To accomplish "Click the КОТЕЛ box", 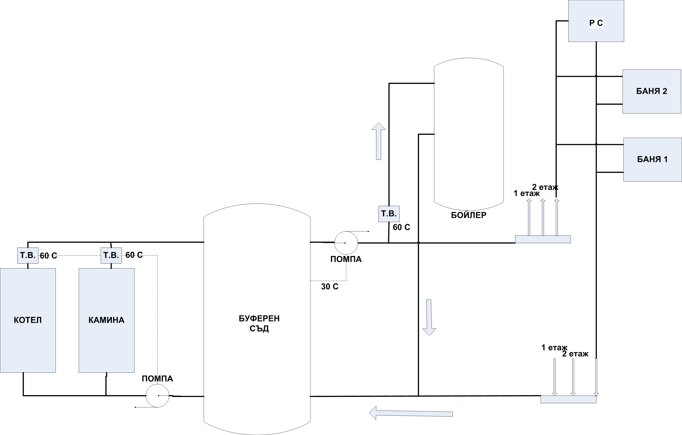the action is click(28, 320).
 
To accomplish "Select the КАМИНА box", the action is click(107, 320).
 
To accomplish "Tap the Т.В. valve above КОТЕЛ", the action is click(28, 256).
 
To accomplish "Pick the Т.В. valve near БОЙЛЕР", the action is click(389, 214).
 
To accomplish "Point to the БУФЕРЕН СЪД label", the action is click(259, 323).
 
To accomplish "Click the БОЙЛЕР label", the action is click(469, 215).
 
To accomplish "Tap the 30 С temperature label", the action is click(330, 287).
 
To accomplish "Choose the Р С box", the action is click(596, 21).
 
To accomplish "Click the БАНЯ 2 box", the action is click(652, 91).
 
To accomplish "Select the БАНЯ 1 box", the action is click(653, 160).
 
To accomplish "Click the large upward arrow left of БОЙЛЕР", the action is click(379, 141).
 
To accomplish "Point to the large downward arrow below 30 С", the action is click(429, 317).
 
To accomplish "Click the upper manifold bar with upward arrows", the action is click(543, 239).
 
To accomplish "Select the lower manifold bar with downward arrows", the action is click(568, 399).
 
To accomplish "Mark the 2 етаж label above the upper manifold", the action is click(545, 187).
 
